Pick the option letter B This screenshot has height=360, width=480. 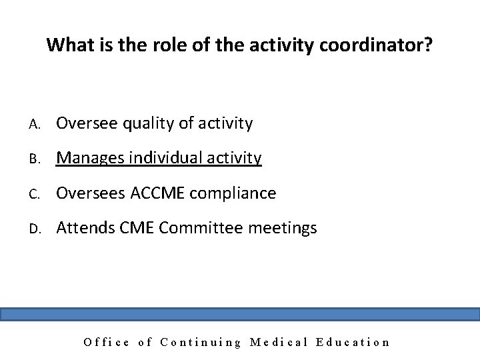coord(32,159)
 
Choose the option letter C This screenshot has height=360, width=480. coord(32,194)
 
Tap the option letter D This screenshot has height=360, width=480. coord(32,229)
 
